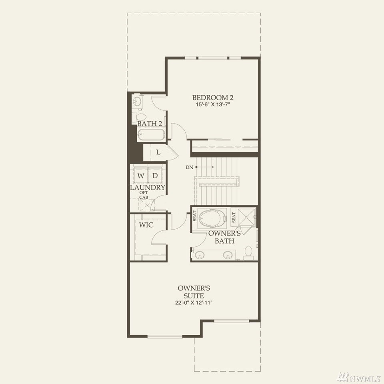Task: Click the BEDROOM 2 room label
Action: (212, 98)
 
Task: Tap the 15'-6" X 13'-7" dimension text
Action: (212, 104)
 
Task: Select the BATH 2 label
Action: (150, 124)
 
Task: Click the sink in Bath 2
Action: (137, 101)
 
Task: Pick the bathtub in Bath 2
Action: (151, 135)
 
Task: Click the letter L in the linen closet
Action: (158, 152)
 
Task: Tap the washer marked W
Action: (140, 175)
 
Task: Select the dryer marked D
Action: (155, 175)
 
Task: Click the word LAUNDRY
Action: (148, 188)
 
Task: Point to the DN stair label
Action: (189, 167)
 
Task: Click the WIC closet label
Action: (146, 225)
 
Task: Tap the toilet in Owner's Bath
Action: (248, 253)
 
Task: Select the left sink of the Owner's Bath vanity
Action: (200, 255)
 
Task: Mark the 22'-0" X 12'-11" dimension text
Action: (194, 303)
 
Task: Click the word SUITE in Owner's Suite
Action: (194, 296)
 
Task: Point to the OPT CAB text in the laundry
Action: (144, 195)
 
